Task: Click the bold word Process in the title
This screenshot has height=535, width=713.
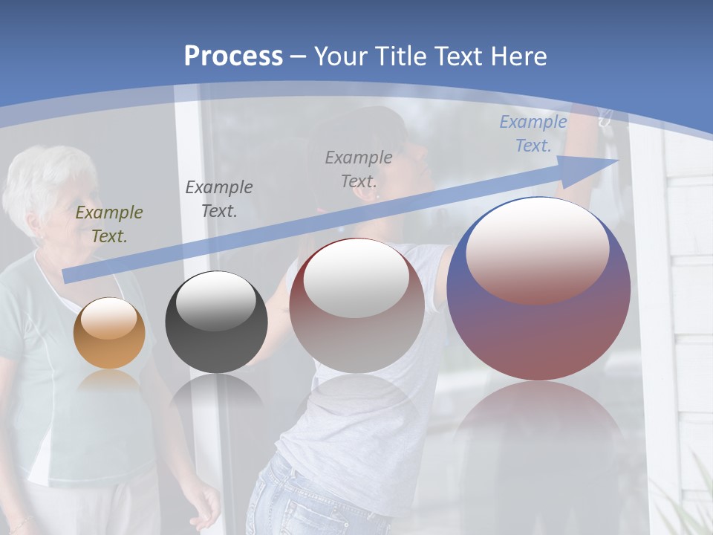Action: tap(233, 56)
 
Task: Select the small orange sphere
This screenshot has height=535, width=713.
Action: tap(109, 334)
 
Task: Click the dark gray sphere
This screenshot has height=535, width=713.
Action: tap(216, 323)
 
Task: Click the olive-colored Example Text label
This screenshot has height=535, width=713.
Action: tap(109, 224)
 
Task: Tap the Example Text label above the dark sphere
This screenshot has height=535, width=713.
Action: tap(219, 198)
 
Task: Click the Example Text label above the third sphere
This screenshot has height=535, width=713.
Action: tap(359, 169)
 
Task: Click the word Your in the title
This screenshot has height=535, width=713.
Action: tap(344, 56)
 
